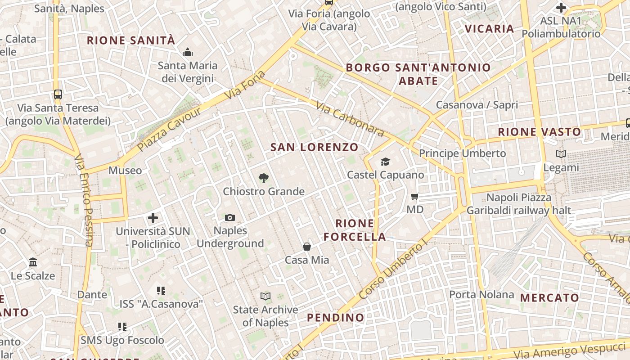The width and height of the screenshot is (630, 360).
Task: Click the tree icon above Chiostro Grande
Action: pyautogui.click(x=264, y=178)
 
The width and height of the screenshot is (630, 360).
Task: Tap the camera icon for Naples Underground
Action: pyautogui.click(x=230, y=218)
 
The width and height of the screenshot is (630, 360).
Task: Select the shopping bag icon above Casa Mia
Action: pyautogui.click(x=307, y=247)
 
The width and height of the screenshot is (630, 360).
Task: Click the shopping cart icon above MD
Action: pyautogui.click(x=415, y=196)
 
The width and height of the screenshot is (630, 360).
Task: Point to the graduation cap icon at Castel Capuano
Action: pyautogui.click(x=385, y=162)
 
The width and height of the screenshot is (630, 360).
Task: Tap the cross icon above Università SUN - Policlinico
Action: pyautogui.click(x=153, y=218)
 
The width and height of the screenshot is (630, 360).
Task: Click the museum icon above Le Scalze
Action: pyautogui.click(x=33, y=262)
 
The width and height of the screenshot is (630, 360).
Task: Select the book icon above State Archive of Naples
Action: pyautogui.click(x=265, y=296)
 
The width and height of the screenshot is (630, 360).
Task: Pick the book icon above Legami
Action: pyautogui.click(x=561, y=154)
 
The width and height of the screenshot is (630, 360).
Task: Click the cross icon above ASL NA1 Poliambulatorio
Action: pyautogui.click(x=561, y=8)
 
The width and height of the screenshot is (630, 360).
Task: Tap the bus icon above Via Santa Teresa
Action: pyautogui.click(x=58, y=94)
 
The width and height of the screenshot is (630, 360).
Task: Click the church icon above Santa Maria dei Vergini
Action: pyautogui.click(x=188, y=53)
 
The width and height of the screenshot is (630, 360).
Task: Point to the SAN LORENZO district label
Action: pyautogui.click(x=314, y=147)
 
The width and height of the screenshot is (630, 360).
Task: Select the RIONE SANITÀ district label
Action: pyautogui.click(x=130, y=40)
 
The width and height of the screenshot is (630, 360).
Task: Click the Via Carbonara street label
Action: pyautogui.click(x=350, y=119)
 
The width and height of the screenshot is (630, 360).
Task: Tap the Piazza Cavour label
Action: pyautogui.click(x=169, y=129)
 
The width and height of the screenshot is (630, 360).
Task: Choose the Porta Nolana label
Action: pyautogui.click(x=481, y=295)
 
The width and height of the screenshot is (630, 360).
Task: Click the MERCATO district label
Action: pyautogui.click(x=549, y=298)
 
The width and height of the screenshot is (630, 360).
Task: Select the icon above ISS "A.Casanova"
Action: pyautogui.click(x=161, y=291)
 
